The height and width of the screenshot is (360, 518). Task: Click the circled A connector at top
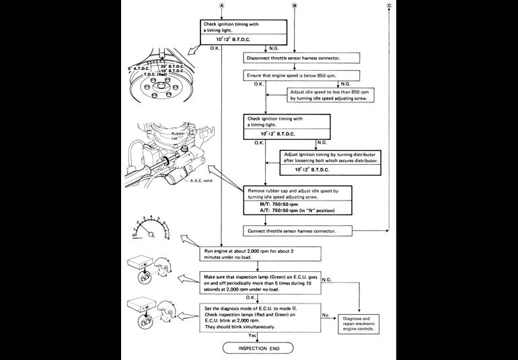coord(222,6)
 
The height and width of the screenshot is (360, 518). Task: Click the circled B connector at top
coord(294,6)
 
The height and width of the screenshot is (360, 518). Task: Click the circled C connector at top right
coord(389,6)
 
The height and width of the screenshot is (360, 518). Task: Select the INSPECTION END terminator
coord(258,348)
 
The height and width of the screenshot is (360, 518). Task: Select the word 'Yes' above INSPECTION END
coord(252,335)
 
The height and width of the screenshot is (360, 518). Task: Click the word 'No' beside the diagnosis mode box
coord(326,314)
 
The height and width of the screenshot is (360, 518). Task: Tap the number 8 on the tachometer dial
coord(168,238)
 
